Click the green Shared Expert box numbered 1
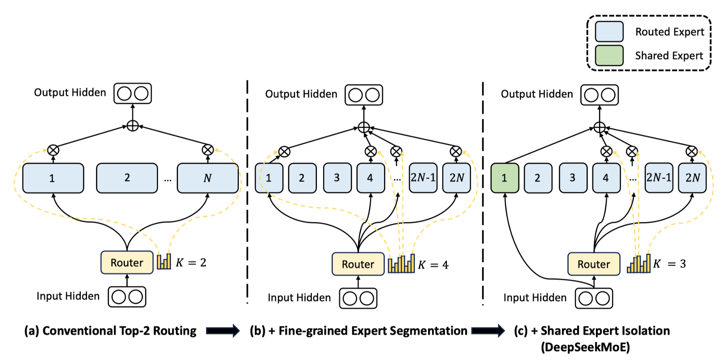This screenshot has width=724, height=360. (x=504, y=178)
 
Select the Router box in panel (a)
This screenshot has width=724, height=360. (x=127, y=262)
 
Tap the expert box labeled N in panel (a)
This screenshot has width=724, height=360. (x=208, y=178)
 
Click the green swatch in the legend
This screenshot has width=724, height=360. (x=609, y=55)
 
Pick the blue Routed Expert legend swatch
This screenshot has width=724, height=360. (x=609, y=32)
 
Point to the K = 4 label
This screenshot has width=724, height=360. (x=433, y=265)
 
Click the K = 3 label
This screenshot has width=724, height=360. (x=669, y=264)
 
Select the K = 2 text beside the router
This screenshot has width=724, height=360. (x=191, y=262)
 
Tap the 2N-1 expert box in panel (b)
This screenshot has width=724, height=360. (x=423, y=178)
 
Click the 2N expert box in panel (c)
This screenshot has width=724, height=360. (x=692, y=178)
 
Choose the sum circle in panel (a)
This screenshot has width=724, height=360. (x=133, y=126)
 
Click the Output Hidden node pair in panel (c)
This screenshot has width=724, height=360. (x=599, y=95)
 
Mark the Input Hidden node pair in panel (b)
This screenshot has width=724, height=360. (x=358, y=298)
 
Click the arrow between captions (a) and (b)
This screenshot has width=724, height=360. (x=223, y=331)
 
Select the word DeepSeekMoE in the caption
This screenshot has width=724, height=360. (x=585, y=347)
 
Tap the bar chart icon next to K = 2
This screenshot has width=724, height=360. (x=164, y=261)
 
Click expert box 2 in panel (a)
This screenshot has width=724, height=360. (x=127, y=178)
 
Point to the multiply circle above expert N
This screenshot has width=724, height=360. (x=208, y=150)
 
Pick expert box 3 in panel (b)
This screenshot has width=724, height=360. (x=337, y=178)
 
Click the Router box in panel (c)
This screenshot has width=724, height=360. (x=593, y=264)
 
